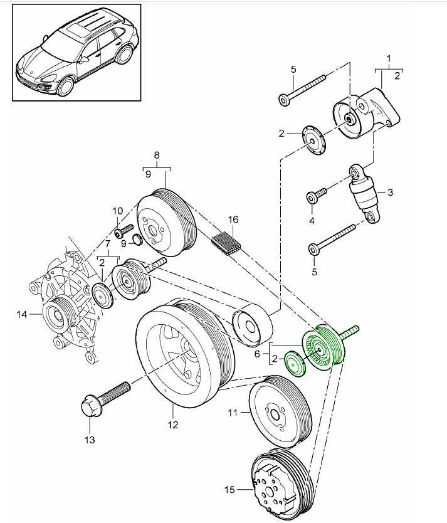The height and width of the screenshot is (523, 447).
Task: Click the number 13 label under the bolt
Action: [x=90, y=440]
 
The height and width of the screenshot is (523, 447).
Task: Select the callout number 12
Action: [x=172, y=425]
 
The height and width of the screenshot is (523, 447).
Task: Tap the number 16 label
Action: [x=233, y=219]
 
